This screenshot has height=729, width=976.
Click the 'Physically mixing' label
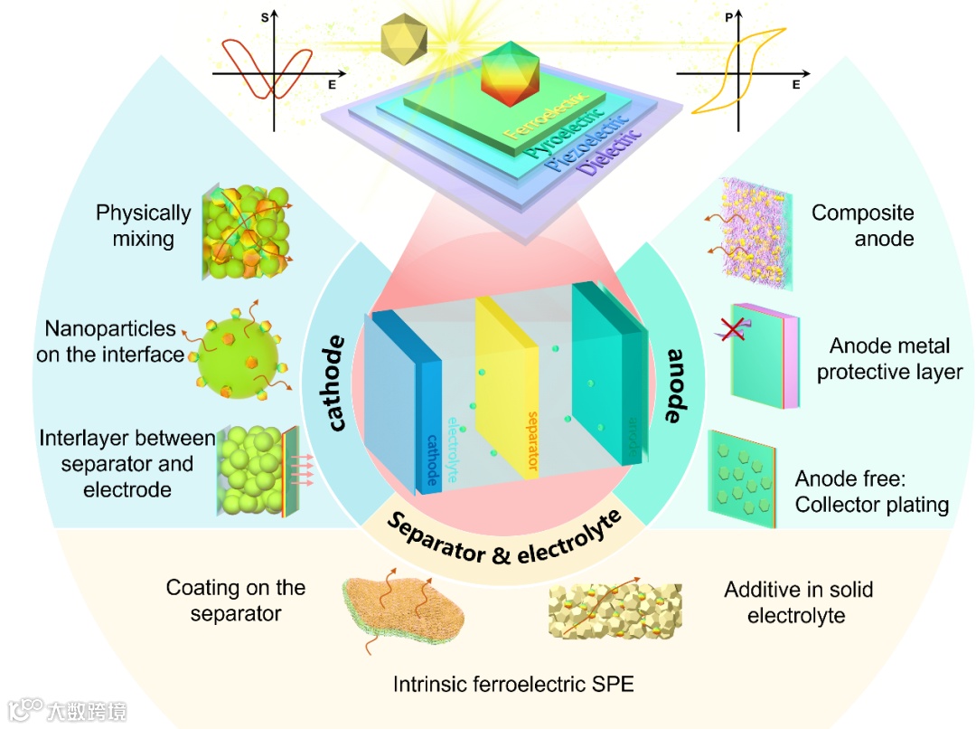144,226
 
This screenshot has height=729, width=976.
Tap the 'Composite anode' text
862,226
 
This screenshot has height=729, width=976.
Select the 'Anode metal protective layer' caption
889,359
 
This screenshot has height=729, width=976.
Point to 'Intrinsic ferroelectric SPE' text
513,684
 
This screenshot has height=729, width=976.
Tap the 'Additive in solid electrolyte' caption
798,602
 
